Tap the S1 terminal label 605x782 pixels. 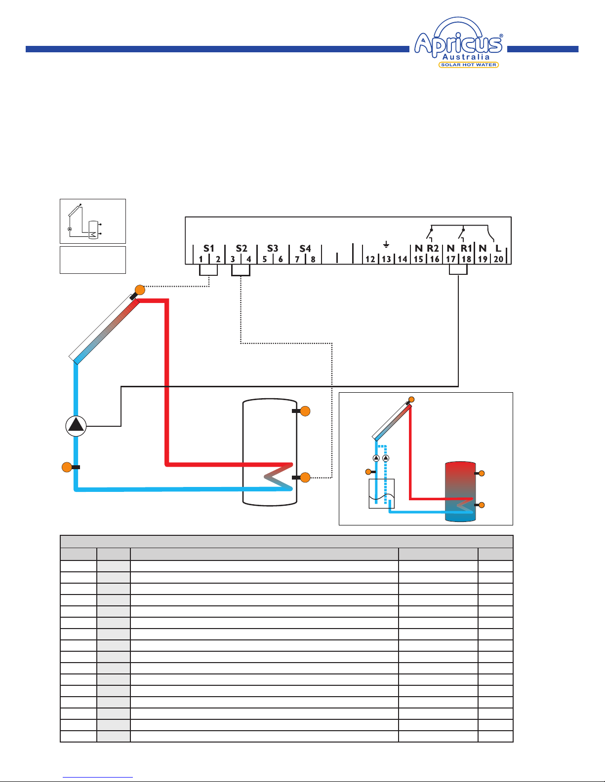[x=208, y=248]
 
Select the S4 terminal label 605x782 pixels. [x=305, y=248]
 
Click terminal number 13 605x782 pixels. [x=386, y=259]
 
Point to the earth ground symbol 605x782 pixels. [x=386, y=245]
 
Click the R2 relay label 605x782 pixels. [x=433, y=248]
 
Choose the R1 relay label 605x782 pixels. [x=466, y=248]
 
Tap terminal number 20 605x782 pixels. [x=498, y=259]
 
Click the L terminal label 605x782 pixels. [x=498, y=248]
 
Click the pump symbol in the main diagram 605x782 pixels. [x=76, y=426]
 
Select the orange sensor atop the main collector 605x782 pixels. [x=140, y=290]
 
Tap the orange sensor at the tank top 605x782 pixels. [x=305, y=411]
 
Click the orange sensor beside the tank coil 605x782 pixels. [x=305, y=477]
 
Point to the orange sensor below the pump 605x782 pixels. [x=67, y=467]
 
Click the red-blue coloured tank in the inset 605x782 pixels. [x=460, y=491]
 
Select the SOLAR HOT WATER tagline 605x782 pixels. [x=469, y=65]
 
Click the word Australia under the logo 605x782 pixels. [x=466, y=57]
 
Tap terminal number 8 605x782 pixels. [x=313, y=259]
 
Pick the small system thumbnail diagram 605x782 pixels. [x=92, y=221]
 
